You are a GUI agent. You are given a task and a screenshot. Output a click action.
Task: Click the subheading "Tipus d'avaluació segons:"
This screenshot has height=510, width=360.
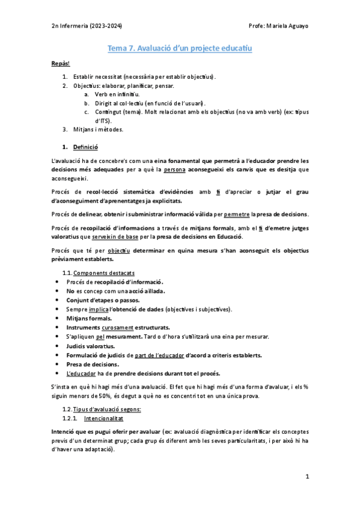[107, 409]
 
